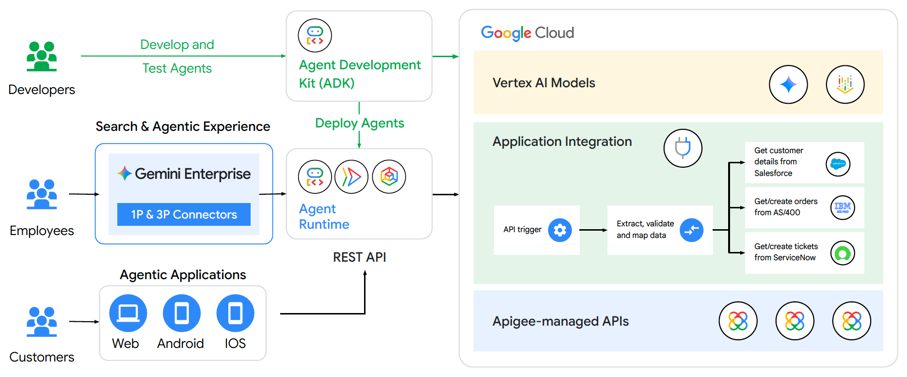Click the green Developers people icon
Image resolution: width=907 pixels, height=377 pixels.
[x=42, y=56]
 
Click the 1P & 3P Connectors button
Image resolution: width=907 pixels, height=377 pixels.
[x=184, y=214]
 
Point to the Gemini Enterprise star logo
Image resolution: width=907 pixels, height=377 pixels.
[x=125, y=173]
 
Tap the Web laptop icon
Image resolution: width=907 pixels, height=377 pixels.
[x=128, y=313]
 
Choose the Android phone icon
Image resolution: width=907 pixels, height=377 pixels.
[x=181, y=313]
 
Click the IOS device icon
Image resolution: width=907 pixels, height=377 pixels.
[x=235, y=313]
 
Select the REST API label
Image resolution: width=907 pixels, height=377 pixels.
[x=359, y=257]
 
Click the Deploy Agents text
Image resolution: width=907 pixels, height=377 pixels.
[x=359, y=123]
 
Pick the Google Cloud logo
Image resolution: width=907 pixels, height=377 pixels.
[x=527, y=33]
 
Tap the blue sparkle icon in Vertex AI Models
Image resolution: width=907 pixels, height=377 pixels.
[x=788, y=84]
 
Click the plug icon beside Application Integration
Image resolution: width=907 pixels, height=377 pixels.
[x=683, y=148]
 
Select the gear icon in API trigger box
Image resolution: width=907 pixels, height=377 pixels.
[x=559, y=230]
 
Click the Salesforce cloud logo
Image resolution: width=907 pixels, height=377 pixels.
[x=838, y=164]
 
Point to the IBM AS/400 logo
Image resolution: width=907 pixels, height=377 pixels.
[x=843, y=207]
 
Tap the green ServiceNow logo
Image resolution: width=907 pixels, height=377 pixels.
[x=843, y=253]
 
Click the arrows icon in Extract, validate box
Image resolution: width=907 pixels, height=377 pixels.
[x=691, y=230]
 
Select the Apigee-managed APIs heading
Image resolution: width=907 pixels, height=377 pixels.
[x=560, y=321]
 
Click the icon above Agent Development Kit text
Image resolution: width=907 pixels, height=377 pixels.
[x=315, y=35]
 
